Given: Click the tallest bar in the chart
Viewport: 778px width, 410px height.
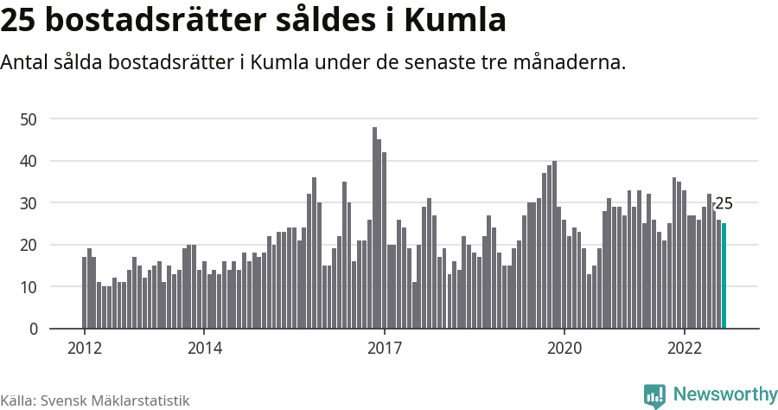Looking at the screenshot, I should (374, 228).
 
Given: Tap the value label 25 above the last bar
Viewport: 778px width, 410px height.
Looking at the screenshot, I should (724, 204).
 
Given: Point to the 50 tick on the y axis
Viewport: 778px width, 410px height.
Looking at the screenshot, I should (30, 119).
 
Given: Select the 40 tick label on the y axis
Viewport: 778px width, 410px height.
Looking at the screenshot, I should (30, 161).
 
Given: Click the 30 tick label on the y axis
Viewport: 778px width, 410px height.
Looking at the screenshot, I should (30, 202).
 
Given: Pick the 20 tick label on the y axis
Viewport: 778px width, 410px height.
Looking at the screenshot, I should (30, 245).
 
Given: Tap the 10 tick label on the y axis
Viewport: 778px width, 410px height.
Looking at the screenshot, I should (30, 286).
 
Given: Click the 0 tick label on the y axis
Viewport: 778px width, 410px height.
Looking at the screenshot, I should (34, 329).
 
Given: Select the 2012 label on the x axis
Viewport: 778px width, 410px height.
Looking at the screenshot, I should (85, 348).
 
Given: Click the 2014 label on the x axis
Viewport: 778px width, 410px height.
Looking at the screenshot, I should (204, 348).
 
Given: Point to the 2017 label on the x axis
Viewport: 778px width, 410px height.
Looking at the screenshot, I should (385, 348).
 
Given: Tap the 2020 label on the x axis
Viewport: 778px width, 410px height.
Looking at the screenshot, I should (564, 348).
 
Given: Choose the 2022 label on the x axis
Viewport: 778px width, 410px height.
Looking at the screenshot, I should (685, 348).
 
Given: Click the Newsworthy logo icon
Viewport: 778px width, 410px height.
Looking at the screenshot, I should (654, 395).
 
